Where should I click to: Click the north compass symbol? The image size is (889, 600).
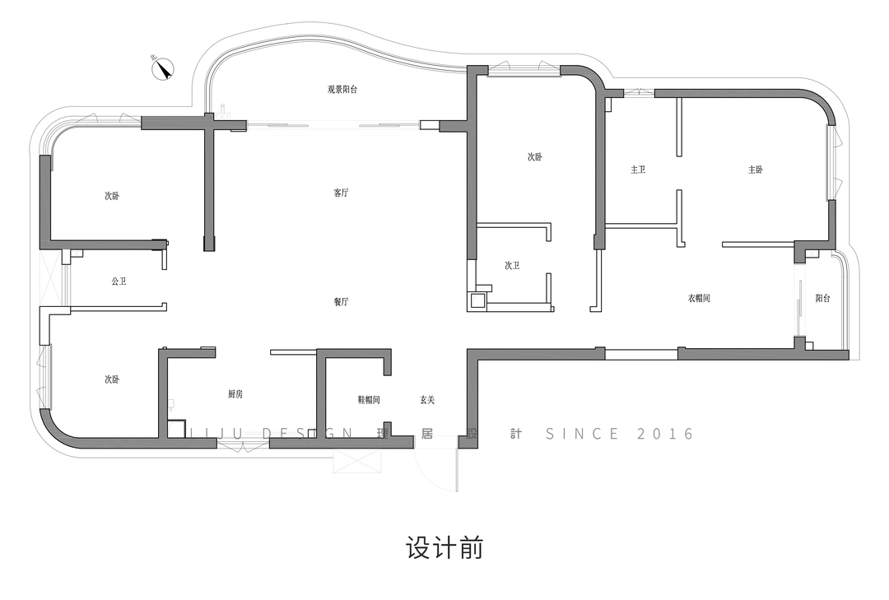pos(163,67)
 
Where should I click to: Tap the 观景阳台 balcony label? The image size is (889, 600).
pos(342,90)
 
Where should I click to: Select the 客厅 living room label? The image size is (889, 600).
pos(341,193)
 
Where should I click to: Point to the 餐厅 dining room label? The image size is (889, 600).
pos(341,302)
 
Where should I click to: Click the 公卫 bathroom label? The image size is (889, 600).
pos(119,281)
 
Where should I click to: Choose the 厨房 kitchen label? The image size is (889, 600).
pos(235,394)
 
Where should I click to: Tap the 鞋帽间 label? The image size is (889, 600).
pos(369,400)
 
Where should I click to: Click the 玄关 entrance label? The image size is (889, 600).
pos(427,400)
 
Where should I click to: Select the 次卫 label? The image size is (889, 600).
pos(512,265)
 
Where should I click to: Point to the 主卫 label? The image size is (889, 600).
pos(638,170)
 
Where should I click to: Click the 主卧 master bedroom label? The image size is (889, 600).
pos(755,170)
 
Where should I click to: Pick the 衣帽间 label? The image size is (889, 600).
pos(699,298)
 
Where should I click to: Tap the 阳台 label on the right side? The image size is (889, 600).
pos(822,298)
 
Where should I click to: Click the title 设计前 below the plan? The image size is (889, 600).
pos(444,548)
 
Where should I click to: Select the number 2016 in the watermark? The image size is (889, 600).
pos(665,434)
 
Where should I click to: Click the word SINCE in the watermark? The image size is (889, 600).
pos(582,434)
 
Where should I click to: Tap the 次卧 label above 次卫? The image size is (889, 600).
pos(535,157)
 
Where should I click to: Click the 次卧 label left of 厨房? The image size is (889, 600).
pos(112,379)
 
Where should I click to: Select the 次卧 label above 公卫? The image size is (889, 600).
pos(112,196)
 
